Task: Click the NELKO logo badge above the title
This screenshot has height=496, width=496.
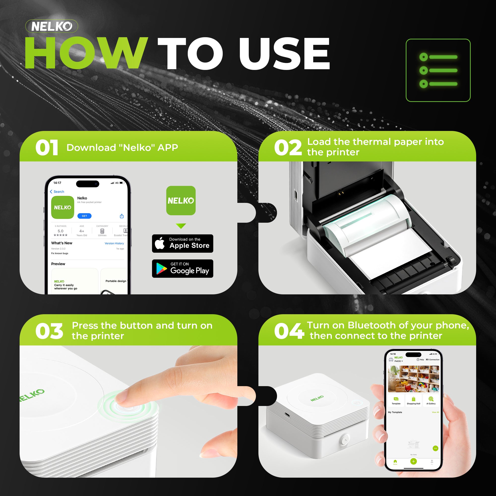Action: coord(52,26)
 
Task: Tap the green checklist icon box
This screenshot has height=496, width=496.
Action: coord(438,70)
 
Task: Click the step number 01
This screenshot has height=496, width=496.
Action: coord(47,148)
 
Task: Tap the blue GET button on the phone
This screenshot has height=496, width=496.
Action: coord(84,216)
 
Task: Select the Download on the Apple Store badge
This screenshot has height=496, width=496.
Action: coord(183,243)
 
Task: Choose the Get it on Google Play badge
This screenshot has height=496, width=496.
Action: coord(183,269)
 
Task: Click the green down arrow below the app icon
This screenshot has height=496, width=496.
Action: coord(181,226)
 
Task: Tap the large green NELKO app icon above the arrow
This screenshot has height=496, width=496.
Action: coord(181,200)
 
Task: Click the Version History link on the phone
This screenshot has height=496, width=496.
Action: coord(114,243)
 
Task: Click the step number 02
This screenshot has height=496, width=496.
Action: coord(288,148)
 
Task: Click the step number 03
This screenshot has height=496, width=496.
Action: coord(49,331)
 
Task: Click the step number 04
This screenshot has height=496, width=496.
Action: coord(289,331)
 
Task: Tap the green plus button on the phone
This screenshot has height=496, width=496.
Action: coord(413,461)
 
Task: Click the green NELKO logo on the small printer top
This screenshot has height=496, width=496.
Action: coord(317,398)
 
